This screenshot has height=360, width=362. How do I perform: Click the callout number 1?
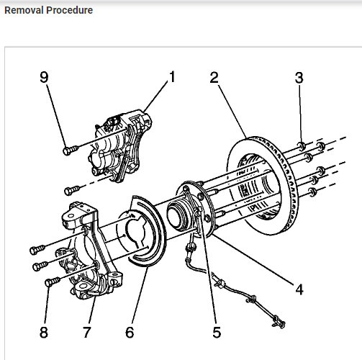point(172,77)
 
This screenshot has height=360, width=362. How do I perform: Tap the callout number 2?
point(214,77)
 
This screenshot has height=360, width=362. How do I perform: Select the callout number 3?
point(299,78)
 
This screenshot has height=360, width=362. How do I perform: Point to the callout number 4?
point(299,289)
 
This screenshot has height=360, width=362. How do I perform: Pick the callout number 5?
point(217,333)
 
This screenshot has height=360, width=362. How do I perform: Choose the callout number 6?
point(130,333)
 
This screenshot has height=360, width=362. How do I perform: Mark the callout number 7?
point(87,333)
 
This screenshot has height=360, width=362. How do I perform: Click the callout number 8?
point(44,333)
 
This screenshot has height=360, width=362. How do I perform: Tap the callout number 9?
point(44,77)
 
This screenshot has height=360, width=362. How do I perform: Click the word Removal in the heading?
point(24,10)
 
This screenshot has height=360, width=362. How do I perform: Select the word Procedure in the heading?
point(70,10)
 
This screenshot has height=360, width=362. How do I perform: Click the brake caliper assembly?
point(120,145)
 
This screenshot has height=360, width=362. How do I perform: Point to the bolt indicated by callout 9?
point(71,150)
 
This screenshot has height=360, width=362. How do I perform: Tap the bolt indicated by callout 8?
point(53,282)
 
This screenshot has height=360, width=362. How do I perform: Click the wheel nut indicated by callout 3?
point(302,146)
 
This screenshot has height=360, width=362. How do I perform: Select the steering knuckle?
point(91,251)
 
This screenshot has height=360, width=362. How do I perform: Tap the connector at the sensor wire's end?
point(279,322)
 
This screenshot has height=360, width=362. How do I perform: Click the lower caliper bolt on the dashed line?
point(72,191)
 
